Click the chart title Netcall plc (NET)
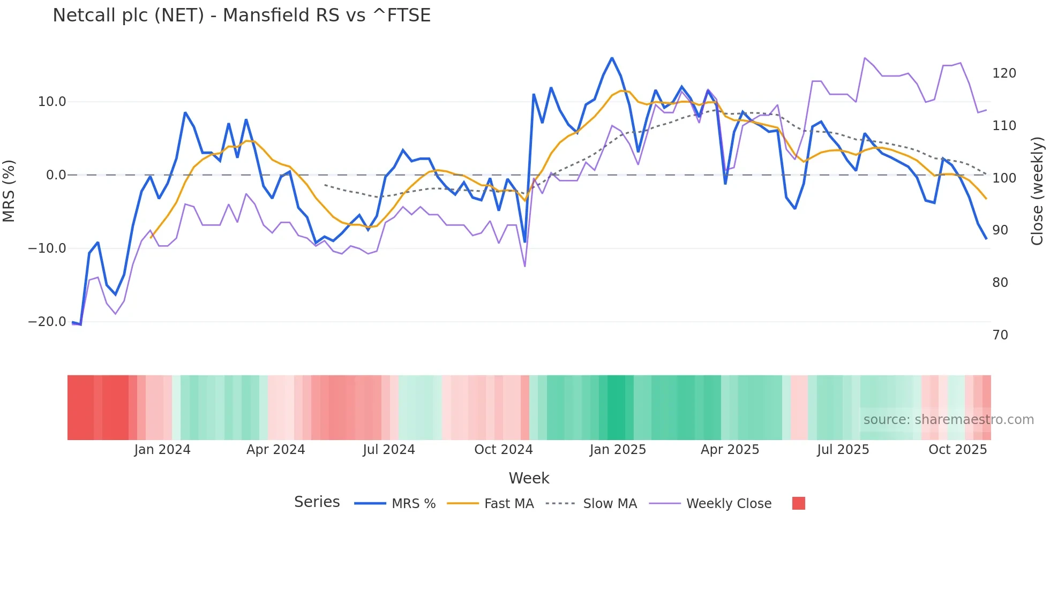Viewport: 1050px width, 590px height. tap(241, 15)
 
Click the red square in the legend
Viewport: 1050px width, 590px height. tap(798, 503)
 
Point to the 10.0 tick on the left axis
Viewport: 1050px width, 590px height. tap(52, 102)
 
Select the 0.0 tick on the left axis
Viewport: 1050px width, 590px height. tap(56, 175)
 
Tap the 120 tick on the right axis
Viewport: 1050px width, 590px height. tap(1004, 73)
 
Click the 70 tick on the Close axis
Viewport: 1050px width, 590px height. tap(1000, 335)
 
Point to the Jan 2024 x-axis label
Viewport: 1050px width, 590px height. tap(162, 450)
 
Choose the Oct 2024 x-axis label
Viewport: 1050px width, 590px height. tap(503, 450)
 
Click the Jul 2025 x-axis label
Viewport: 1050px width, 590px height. tap(843, 450)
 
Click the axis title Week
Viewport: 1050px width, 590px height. tap(529, 478)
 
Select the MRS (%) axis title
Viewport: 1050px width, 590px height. tap(9, 191)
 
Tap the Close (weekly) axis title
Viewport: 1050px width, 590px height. tap(1037, 191)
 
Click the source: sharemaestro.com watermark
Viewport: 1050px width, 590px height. tap(948, 420)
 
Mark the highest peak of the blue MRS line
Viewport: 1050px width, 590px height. tap(612, 58)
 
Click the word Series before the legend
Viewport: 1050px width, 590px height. tap(317, 502)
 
